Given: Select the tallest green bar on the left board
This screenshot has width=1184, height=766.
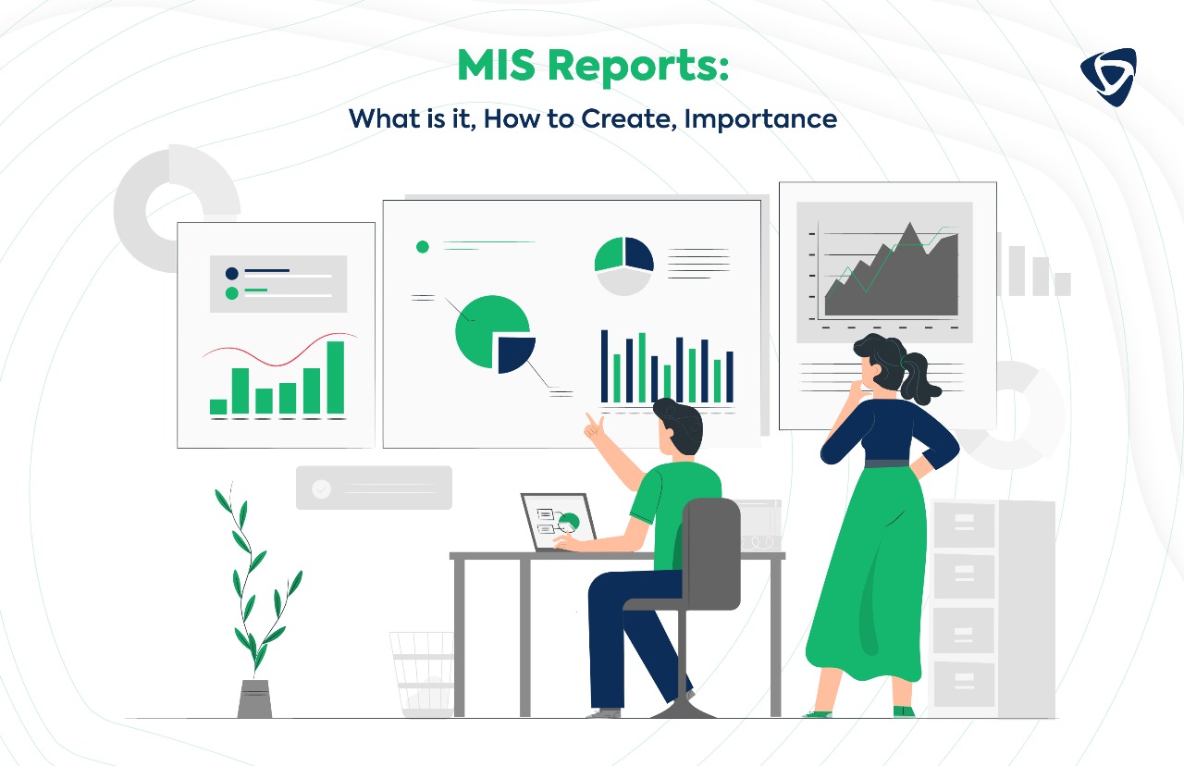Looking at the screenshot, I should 335,377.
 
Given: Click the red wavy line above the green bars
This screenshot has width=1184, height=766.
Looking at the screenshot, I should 277,352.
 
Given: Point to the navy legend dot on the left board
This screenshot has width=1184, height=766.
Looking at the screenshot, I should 231,273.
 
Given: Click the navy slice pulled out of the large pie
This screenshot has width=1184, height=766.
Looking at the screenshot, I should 515,352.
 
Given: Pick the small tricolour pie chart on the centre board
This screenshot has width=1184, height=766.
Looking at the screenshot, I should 623,265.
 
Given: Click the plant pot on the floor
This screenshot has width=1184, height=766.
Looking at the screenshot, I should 254,698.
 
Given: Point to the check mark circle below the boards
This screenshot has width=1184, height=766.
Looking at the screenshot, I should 321,488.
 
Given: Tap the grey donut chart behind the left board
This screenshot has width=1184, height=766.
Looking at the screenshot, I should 148,199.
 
